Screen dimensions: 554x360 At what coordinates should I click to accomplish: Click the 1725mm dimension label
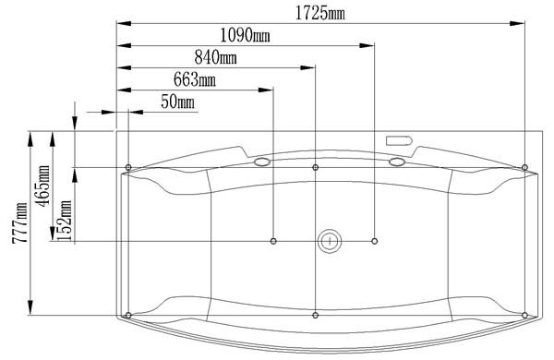319,14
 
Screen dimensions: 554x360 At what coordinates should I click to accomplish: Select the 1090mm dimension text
246,36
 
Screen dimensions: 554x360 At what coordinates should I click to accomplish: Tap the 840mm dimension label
215,57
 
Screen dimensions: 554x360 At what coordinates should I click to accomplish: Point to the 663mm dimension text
195,79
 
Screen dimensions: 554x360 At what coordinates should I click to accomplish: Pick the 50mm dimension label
177,102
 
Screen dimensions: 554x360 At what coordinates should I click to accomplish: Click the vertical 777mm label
19,223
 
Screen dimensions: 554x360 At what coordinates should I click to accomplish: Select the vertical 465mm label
43,186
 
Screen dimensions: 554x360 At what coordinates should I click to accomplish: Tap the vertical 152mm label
65,221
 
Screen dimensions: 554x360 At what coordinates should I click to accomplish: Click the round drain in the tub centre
330,241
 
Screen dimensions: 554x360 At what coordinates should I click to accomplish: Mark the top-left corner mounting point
128,167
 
